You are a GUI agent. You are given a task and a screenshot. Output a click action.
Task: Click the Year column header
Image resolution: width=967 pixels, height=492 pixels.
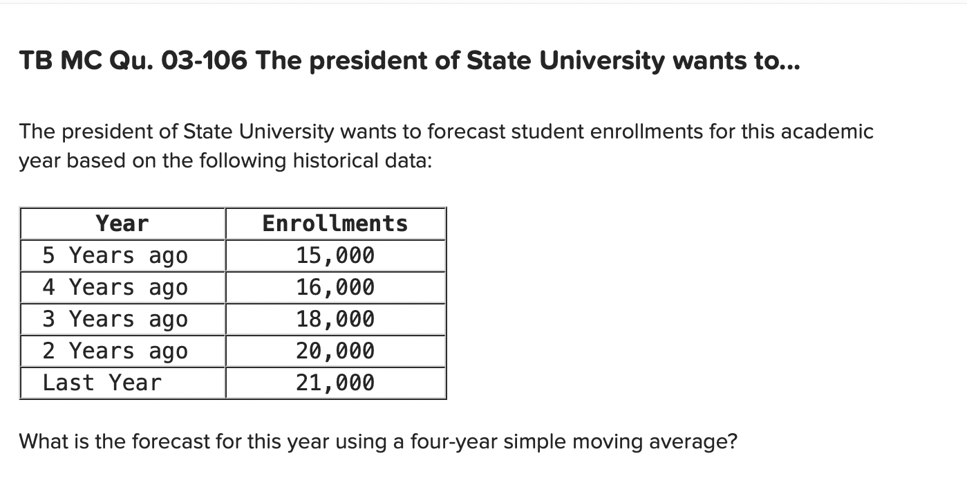point(122,224)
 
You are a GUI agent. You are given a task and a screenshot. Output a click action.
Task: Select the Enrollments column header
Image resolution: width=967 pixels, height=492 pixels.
point(335,224)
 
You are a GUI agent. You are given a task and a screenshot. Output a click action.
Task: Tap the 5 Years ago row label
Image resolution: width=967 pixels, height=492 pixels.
point(115,255)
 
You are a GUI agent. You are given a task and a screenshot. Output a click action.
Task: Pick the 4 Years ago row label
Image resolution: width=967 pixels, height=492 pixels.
point(115,287)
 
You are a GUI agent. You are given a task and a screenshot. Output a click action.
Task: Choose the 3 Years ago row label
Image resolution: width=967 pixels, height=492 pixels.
point(115,319)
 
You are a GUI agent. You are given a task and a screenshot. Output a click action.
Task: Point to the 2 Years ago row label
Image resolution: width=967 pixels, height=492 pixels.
point(115,351)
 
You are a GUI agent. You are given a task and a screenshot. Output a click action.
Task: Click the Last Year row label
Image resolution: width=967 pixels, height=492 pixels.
point(102,383)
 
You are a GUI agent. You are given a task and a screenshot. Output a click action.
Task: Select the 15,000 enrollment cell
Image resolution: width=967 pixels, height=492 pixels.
point(335,255)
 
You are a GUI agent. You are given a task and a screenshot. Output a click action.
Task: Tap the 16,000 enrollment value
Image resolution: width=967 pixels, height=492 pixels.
point(335,287)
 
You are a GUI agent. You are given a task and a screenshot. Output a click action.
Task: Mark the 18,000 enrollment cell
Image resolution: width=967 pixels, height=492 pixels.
point(335,319)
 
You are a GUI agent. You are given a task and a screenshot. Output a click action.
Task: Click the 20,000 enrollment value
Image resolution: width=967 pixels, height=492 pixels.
point(335,351)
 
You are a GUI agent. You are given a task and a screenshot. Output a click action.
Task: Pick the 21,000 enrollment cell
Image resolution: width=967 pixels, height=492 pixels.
point(335,383)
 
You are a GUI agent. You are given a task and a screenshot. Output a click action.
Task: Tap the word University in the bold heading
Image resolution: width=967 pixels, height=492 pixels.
point(602,62)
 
